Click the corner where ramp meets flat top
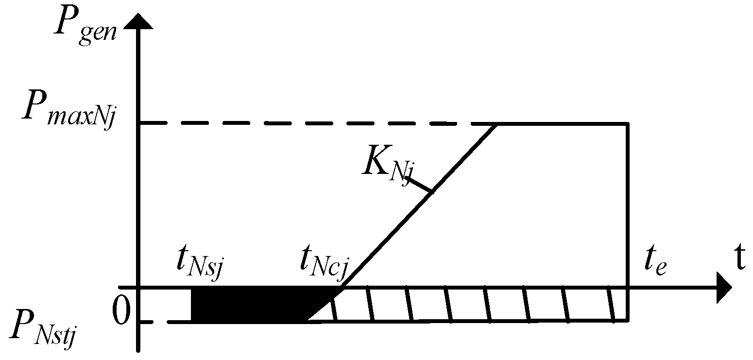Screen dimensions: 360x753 (496, 125)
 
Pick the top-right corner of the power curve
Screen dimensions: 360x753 (629, 124)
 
